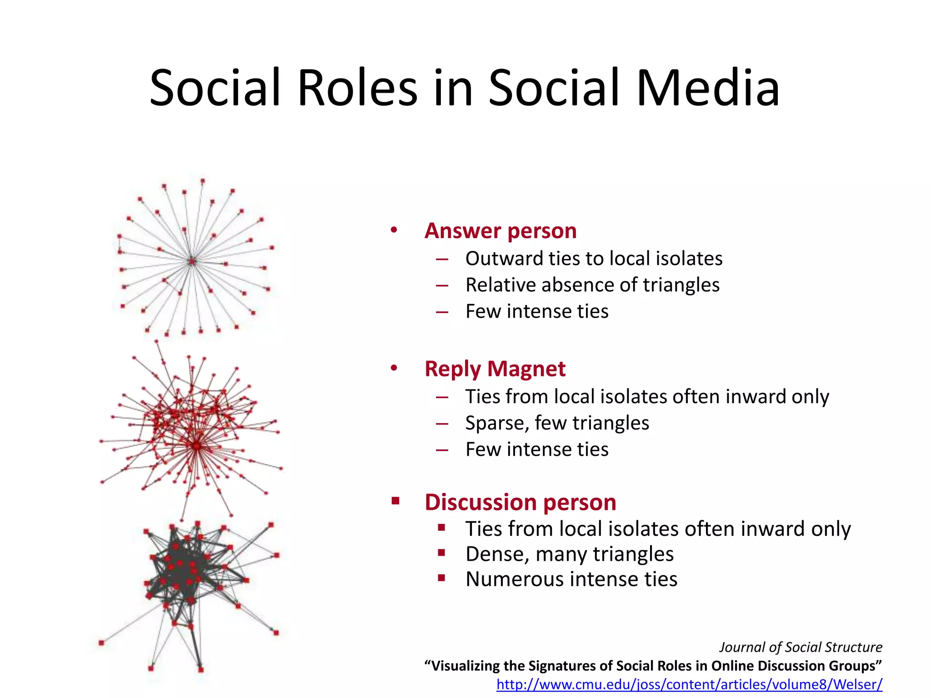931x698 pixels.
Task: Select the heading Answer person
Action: (501, 230)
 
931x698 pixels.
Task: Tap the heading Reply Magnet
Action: (495, 369)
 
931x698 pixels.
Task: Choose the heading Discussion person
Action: (520, 502)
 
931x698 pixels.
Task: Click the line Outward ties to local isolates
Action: (594, 259)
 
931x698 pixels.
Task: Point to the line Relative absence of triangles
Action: (592, 285)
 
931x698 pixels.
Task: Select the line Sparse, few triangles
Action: (557, 423)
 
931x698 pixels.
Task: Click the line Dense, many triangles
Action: (569, 554)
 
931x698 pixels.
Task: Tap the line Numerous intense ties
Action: (571, 579)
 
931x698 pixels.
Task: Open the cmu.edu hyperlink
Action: (689, 684)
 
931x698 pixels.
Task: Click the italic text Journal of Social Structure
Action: (801, 647)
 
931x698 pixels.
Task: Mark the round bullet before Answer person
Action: (394, 230)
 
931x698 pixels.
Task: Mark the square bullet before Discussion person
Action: (395, 501)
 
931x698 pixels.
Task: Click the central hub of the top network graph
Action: (192, 261)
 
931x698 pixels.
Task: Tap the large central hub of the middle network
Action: (196, 446)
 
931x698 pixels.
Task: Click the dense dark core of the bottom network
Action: (182, 568)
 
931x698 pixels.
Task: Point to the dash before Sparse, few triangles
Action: (442, 424)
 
